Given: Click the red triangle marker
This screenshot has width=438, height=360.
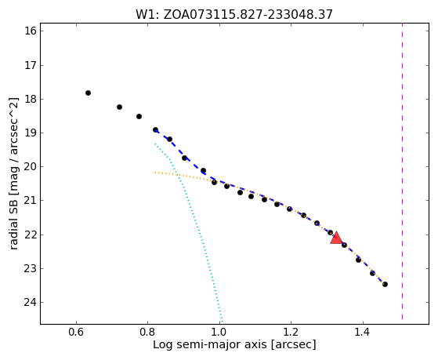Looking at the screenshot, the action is (336, 238).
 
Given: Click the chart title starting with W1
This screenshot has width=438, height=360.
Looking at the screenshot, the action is (234, 14).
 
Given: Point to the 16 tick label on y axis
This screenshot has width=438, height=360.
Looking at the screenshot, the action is (31, 31).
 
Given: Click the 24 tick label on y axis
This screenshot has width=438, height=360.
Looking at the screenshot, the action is (31, 303).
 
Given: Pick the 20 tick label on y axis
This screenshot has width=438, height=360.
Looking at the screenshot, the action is (31, 167).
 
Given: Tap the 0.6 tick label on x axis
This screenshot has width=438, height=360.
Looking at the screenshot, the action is (76, 333).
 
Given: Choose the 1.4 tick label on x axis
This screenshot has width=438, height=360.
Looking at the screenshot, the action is (363, 333).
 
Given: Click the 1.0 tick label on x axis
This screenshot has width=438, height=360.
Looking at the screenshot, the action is (219, 333).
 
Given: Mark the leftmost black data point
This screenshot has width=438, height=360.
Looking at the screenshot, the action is (88, 93).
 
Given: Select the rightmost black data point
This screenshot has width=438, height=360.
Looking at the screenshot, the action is (385, 284).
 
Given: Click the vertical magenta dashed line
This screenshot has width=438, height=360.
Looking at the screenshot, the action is (402, 171).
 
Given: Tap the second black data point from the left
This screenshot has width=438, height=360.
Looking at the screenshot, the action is (119, 107).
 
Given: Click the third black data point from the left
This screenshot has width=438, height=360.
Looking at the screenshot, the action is (139, 116).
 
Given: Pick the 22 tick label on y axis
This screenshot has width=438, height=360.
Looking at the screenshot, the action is (31, 235).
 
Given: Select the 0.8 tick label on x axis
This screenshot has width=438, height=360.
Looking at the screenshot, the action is (148, 333).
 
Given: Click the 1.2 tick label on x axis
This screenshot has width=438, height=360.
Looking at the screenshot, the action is (291, 333).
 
